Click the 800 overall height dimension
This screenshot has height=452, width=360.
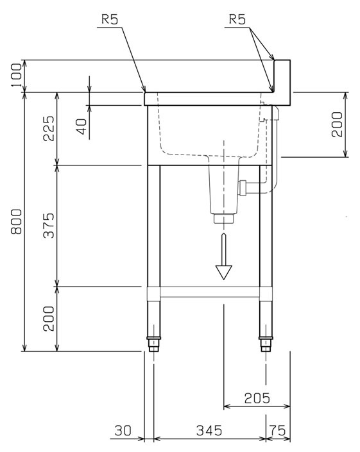point(17,221)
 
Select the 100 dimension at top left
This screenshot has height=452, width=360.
point(17,76)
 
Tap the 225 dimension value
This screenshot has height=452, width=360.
point(49,128)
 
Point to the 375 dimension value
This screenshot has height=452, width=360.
point(49,225)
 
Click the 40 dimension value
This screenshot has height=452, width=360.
point(81,126)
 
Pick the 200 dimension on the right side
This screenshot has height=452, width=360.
point(337,124)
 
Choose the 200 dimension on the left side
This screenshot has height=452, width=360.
point(49,319)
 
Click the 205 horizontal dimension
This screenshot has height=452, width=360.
point(257,398)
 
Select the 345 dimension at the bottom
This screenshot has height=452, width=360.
point(209,431)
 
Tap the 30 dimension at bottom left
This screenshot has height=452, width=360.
point(123,431)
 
